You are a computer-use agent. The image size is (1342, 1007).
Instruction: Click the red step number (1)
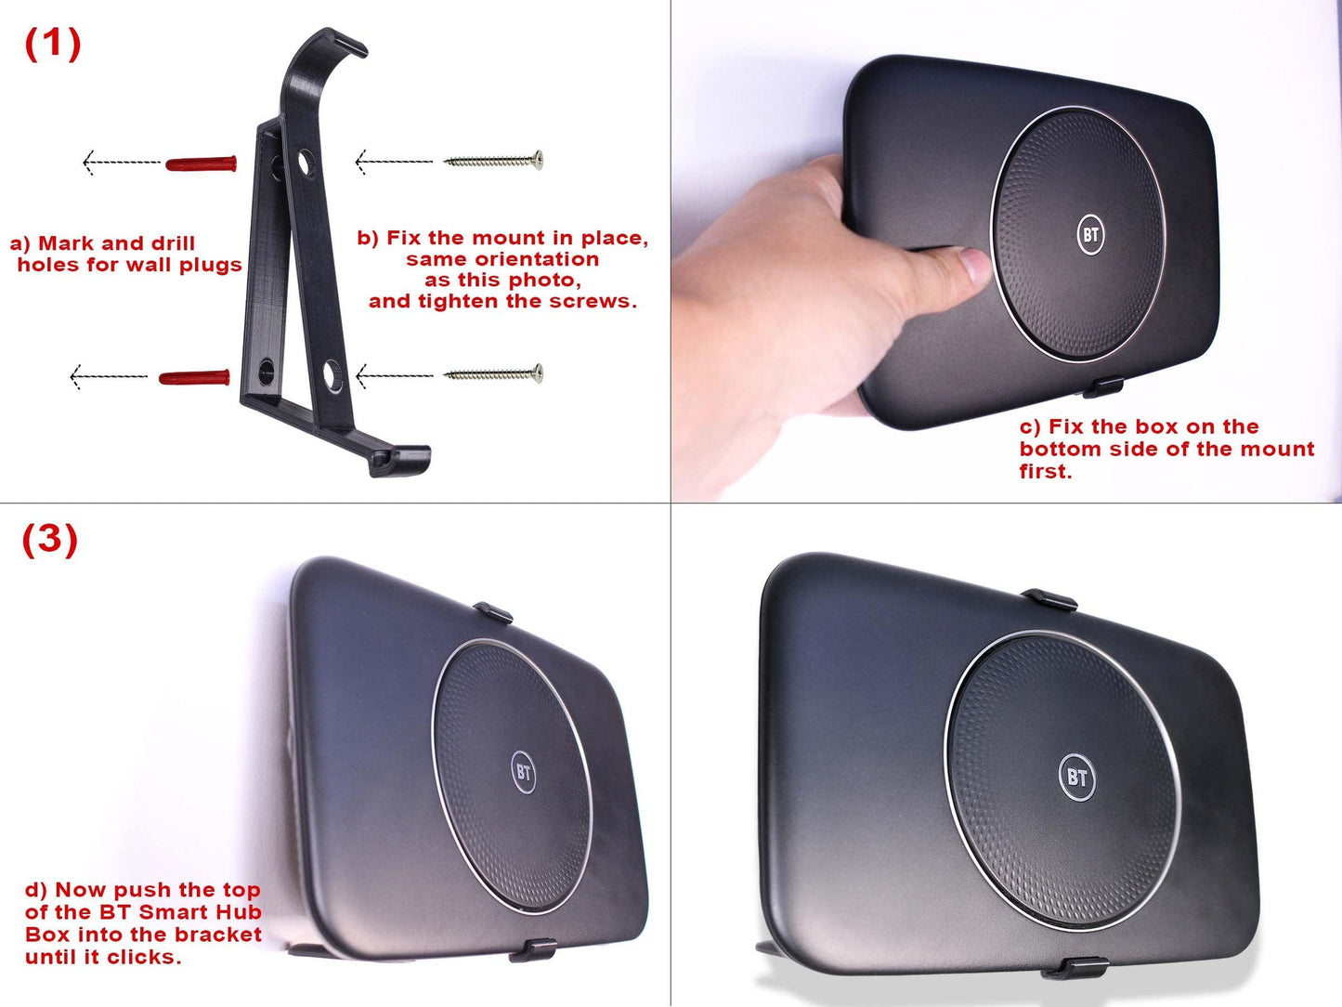[53, 44]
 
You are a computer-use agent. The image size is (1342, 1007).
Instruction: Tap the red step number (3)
[50, 540]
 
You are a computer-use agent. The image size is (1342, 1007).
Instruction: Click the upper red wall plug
[202, 163]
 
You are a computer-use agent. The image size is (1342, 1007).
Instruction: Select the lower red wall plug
[194, 377]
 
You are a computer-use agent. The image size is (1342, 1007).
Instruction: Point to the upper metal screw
[493, 161]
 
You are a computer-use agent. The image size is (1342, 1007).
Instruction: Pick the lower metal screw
[493, 373]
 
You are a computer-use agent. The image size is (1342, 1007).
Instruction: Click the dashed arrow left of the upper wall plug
[122, 163]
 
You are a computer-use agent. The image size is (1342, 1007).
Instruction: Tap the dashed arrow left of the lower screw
[395, 375]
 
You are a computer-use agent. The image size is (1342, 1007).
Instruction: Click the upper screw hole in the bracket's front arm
[304, 163]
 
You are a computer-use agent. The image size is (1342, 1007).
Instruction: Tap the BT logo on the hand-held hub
[1090, 233]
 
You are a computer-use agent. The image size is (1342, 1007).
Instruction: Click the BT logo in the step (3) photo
[524, 772]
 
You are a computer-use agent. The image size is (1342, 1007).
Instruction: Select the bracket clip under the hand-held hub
[1102, 387]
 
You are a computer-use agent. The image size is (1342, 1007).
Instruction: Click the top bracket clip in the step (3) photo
[493, 612]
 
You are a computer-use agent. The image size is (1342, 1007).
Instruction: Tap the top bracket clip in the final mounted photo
[1049, 599]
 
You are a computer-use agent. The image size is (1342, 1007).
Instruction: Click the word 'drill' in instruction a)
[173, 243]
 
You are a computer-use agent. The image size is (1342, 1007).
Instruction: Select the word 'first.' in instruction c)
[1046, 471]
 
